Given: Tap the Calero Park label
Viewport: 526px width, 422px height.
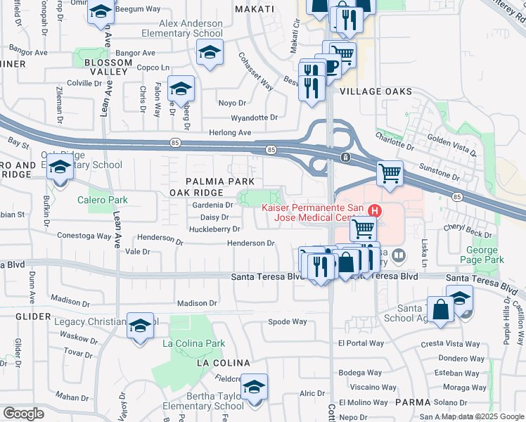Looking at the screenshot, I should pos(103,200).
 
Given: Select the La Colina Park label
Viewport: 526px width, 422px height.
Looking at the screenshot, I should pos(193,344).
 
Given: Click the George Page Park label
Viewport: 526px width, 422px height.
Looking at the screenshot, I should pos(485,255).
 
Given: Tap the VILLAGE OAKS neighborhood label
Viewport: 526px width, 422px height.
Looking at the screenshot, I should pos(375,92).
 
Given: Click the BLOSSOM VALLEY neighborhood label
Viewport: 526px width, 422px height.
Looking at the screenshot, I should pos(108,68).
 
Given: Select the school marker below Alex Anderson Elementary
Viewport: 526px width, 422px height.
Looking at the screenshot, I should pos(210,53).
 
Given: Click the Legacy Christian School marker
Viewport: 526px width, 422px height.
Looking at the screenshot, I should pos(141,325).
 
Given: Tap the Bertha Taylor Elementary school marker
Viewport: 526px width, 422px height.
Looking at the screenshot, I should pos(254,386).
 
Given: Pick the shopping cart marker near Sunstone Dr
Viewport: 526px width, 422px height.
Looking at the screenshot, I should pos(389,172).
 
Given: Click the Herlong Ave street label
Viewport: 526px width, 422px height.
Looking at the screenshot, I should pos(229,132).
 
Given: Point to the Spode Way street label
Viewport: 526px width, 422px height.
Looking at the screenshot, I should pos(288,322).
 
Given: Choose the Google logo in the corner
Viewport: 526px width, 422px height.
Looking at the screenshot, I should pos(23,414).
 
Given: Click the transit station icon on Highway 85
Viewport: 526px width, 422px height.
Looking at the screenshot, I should pos(345,158).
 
